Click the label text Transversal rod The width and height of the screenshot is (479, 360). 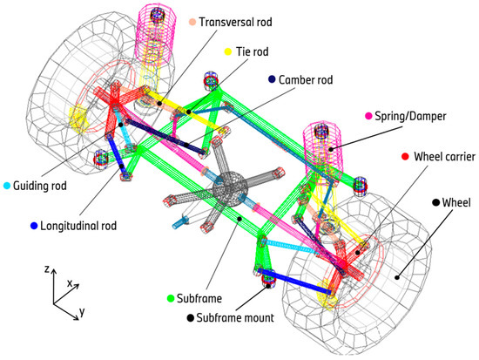click(x=235, y=22)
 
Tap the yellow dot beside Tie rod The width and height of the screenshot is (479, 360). click(x=228, y=51)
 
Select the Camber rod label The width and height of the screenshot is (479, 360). click(x=306, y=80)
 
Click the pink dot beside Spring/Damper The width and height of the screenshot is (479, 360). click(x=368, y=116)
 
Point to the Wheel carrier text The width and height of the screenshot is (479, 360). click(x=445, y=157)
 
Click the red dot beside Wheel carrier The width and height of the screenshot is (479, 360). click(x=405, y=156)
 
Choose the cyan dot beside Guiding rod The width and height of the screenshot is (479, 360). click(x=7, y=186)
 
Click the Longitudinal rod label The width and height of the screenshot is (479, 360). click(x=78, y=226)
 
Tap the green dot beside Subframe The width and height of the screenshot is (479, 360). click(x=171, y=298)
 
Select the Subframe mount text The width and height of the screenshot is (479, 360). click(x=235, y=318)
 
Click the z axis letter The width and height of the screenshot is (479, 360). click(x=47, y=268)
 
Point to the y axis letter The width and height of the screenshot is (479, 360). click(x=82, y=312)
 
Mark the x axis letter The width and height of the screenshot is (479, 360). click(x=70, y=284)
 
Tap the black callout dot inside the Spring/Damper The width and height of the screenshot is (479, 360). click(x=331, y=150)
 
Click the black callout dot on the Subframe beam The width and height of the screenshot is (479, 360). click(x=239, y=219)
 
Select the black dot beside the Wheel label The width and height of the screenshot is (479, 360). click(x=436, y=202)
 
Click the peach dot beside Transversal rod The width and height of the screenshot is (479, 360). click(x=192, y=22)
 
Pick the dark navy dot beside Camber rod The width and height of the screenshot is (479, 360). click(x=272, y=79)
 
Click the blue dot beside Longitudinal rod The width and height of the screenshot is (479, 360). click(x=34, y=226)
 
